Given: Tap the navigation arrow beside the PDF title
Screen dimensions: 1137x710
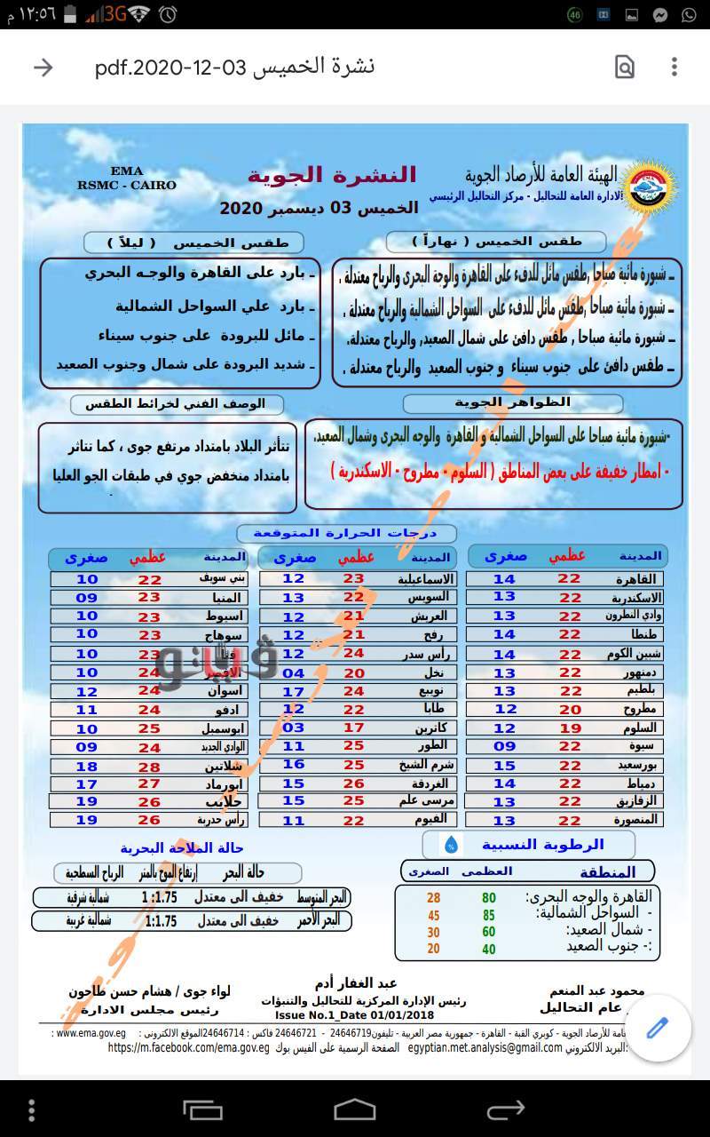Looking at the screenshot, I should click(x=43, y=68).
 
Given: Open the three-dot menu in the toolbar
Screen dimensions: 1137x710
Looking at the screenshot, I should click(x=674, y=68).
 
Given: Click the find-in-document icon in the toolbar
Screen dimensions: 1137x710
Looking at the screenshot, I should click(x=625, y=68).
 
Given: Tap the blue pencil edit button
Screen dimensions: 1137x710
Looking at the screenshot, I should click(x=657, y=1029).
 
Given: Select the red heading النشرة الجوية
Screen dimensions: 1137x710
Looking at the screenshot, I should click(x=332, y=175).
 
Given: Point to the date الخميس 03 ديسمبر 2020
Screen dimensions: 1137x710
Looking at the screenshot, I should click(x=319, y=208).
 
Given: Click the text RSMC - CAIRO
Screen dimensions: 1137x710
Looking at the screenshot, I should click(x=127, y=186).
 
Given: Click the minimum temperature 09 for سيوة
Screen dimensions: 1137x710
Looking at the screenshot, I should click(x=504, y=747).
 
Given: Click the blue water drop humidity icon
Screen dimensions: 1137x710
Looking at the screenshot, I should click(x=452, y=843).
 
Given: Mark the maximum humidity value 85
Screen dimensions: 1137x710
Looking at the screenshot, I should click(x=488, y=916).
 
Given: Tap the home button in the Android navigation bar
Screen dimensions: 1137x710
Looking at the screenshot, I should click(x=354, y=1109).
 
